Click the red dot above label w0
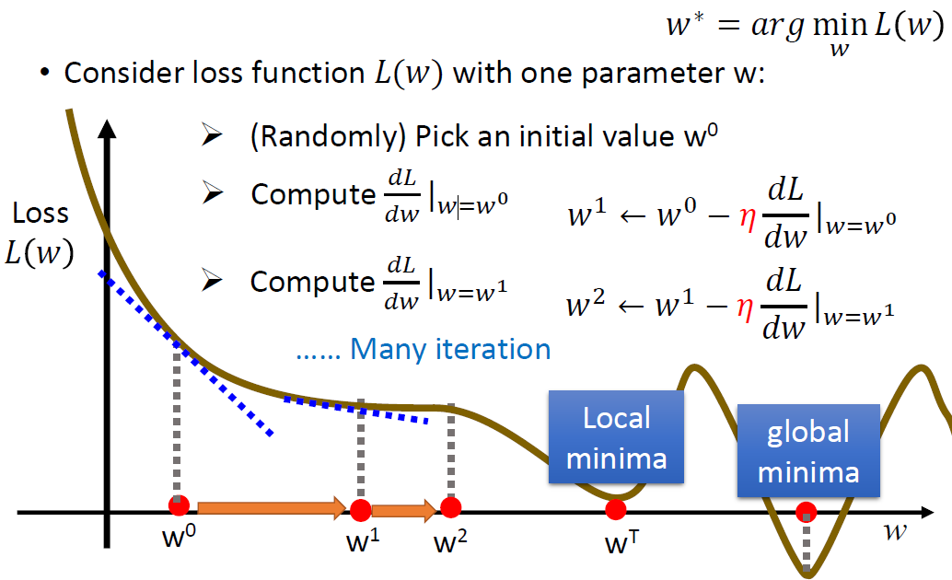click(179, 505)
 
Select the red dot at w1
click(361, 510)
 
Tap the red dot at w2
click(450, 506)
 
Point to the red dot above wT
click(616, 509)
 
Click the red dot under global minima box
click(807, 512)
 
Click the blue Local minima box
click(616, 436)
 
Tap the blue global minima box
click(808, 450)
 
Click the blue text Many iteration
click(450, 349)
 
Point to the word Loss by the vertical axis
click(41, 214)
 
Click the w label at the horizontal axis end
click(895, 531)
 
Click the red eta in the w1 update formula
click(748, 217)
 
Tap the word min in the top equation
click(840, 26)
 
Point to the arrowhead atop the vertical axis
click(107, 129)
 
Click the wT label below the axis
click(621, 541)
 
